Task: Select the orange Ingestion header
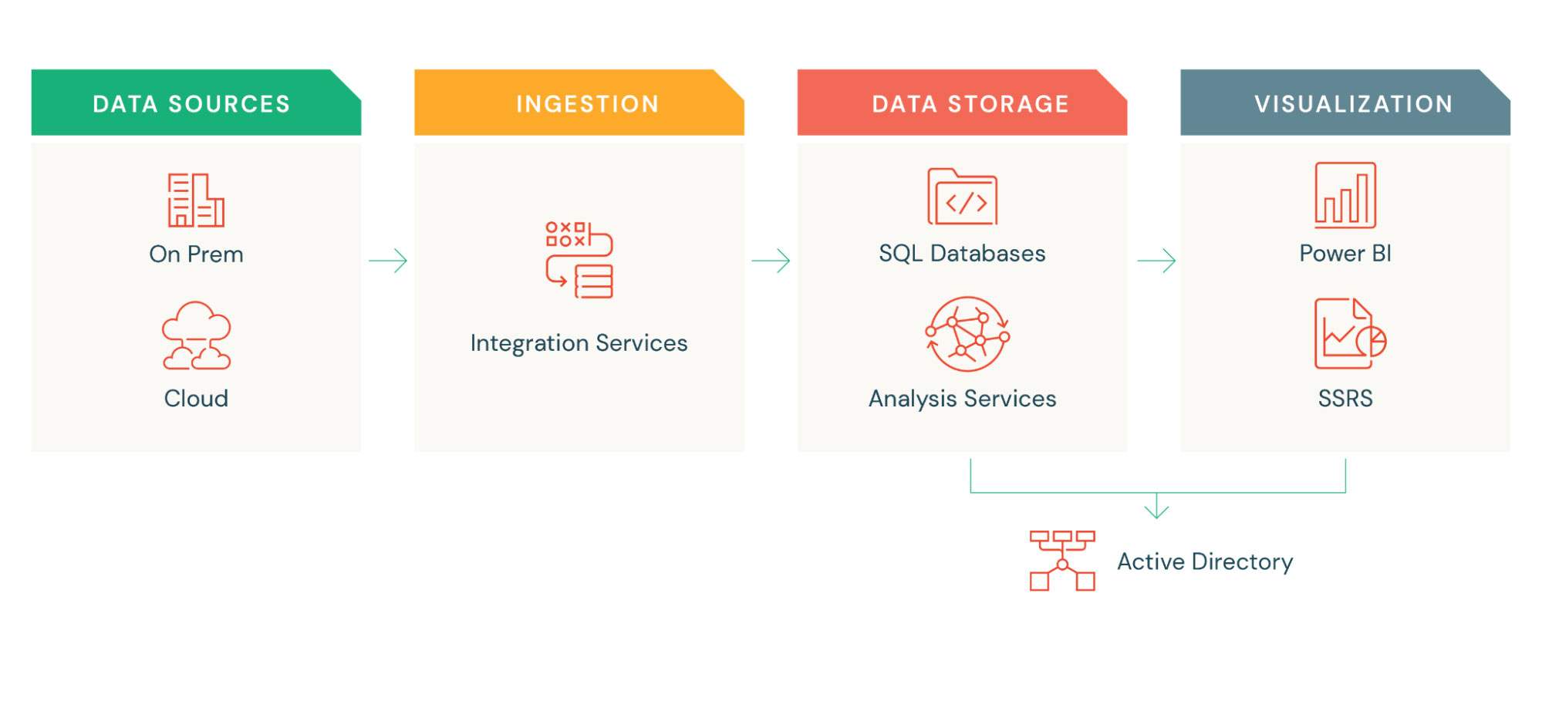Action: [x=579, y=103]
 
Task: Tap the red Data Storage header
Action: [x=962, y=103]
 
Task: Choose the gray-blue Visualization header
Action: [x=1345, y=103]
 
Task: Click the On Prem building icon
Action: [x=196, y=200]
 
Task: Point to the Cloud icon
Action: [x=196, y=335]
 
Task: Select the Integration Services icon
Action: [x=579, y=260]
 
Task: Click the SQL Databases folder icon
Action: [x=962, y=197]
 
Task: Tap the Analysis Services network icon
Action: [x=967, y=335]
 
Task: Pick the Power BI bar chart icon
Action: [x=1345, y=195]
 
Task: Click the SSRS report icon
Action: [x=1349, y=334]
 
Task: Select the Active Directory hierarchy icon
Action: [x=1062, y=561]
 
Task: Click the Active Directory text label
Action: [x=1205, y=561]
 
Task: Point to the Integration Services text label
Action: [x=579, y=343]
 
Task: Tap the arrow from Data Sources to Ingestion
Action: [x=388, y=261]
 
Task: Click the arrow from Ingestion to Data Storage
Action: [x=771, y=261]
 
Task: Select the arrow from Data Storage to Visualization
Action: [x=1156, y=261]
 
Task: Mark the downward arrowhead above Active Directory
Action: [x=1156, y=510]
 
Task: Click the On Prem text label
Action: [x=196, y=254]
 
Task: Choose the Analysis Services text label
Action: [x=962, y=399]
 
